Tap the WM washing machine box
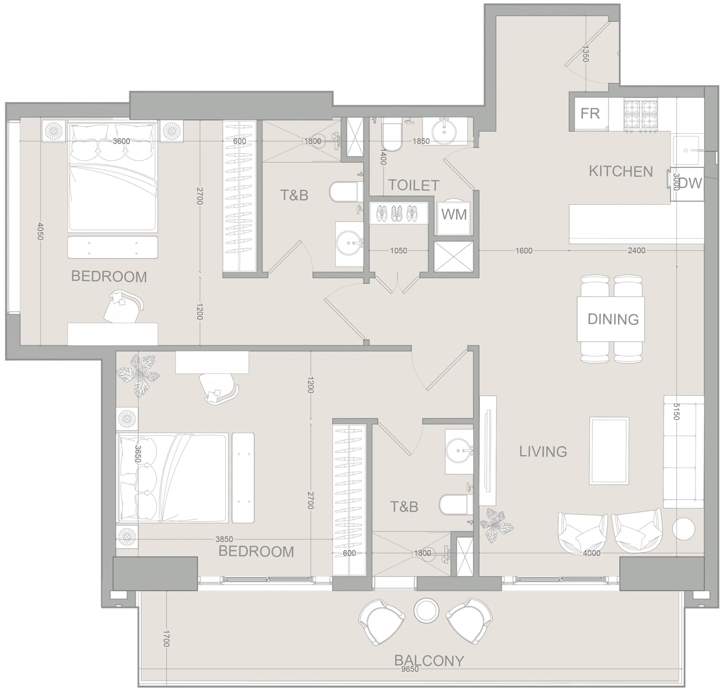[454, 215]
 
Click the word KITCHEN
[621, 172]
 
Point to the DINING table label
[613, 319]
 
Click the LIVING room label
[543, 452]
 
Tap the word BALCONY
[429, 661]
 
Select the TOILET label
[414, 185]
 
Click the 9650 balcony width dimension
[410, 669]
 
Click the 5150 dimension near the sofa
[676, 411]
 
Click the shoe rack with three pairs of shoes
[399, 213]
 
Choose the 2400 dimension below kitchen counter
[636, 251]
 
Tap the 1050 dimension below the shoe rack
[399, 251]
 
